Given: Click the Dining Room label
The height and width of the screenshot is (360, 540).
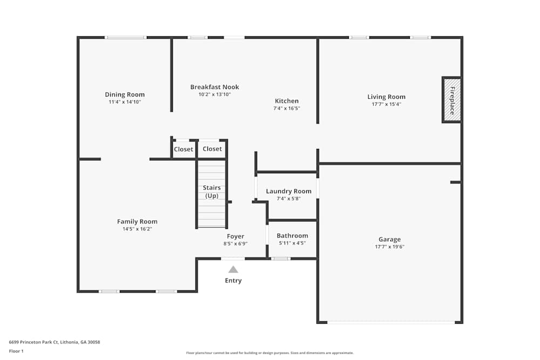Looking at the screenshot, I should click(125, 94).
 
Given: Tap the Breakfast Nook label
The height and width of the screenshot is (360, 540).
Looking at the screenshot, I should click(214, 87).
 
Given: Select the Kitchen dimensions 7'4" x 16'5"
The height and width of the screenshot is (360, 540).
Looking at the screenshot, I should click(287, 108).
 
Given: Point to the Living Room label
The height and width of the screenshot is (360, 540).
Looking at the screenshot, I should click(386, 97).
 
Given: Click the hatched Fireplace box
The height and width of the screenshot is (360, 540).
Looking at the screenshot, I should click(452, 100).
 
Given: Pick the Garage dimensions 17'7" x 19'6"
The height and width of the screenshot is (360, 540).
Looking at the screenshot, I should click(389, 247).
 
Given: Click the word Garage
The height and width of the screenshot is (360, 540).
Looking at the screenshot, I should click(389, 239).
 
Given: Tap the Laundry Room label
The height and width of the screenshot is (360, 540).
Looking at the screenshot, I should click(288, 191).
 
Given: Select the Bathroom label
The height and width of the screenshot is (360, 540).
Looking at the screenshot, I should click(292, 236).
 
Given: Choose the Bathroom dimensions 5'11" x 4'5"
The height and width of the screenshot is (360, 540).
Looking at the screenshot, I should click(292, 243).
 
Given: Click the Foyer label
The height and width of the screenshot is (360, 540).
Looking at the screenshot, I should click(235, 236).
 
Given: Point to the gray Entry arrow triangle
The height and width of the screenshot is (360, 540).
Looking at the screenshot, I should click(233, 269).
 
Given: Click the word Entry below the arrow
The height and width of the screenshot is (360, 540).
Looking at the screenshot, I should click(233, 281).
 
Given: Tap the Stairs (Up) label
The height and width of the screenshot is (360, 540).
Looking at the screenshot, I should click(211, 192).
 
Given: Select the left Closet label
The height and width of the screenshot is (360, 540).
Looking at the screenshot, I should click(184, 150).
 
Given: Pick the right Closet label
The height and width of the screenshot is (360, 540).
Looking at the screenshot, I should click(212, 149).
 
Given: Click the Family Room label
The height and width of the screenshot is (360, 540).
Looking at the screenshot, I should click(137, 221).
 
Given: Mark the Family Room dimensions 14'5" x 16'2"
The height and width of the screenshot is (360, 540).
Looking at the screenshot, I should click(137, 229).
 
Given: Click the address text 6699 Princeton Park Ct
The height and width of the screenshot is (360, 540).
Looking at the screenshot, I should click(55, 342).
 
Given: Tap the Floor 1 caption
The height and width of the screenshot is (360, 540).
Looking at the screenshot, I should click(16, 351).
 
